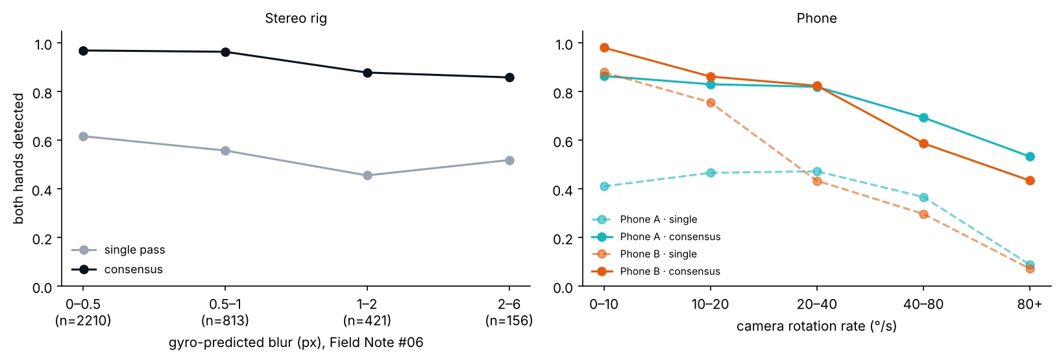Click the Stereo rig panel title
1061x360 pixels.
click(295, 18)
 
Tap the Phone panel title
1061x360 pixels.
click(816, 18)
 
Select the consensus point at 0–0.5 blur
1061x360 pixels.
click(83, 51)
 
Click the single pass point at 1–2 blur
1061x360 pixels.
click(367, 175)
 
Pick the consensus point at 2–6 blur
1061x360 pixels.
click(509, 77)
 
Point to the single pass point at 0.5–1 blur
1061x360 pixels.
click(225, 150)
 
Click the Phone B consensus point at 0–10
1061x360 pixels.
click(604, 47)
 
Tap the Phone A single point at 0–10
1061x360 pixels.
click(604, 186)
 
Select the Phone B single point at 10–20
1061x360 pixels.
click(711, 102)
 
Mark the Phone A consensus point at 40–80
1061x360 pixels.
click(923, 117)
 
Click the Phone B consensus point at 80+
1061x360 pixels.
click(1030, 180)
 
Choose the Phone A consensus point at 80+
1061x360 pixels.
click(1030, 156)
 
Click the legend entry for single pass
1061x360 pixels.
click(118, 250)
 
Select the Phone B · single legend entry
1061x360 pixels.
click(644, 254)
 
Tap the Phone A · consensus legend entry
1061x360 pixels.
click(657, 236)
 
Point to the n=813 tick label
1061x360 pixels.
click(225, 320)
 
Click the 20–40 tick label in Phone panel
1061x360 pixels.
click(816, 304)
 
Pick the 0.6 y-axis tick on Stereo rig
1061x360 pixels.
click(42, 141)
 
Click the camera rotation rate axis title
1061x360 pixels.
click(816, 326)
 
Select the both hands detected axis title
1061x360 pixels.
click(18, 159)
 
